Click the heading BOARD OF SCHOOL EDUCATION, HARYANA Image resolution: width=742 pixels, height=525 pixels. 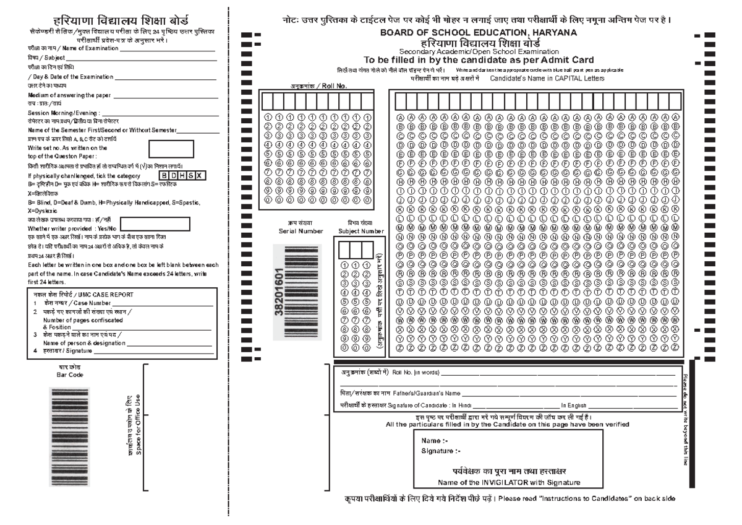point(479,32)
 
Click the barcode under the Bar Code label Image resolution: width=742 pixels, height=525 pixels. point(74,436)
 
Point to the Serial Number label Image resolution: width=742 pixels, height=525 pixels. point(301,231)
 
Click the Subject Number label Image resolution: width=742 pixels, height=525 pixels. point(360,231)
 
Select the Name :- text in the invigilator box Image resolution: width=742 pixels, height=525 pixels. point(434,441)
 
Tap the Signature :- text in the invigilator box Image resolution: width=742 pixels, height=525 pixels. point(441,451)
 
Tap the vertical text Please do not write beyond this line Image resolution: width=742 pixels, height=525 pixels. point(685,419)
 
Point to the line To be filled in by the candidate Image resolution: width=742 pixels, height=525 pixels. point(479,60)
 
